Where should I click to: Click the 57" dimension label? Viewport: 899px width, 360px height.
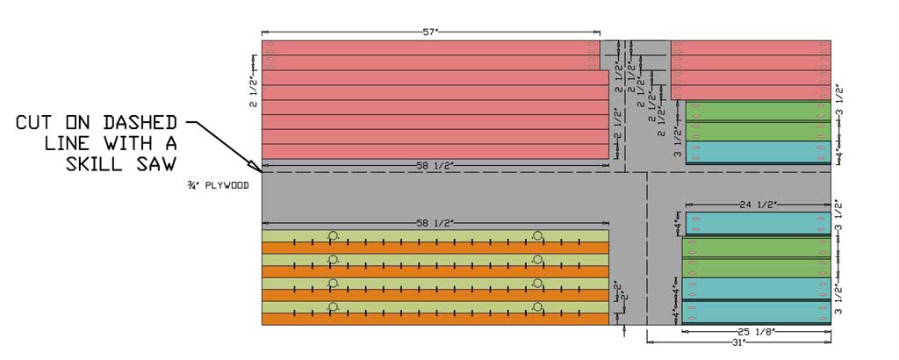(x=430, y=32)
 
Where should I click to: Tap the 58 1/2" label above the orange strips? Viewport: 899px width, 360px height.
(x=435, y=223)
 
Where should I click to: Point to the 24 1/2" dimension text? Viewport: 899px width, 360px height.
(x=757, y=205)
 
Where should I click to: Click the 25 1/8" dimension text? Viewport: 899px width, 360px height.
(x=758, y=331)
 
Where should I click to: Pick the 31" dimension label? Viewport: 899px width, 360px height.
(x=739, y=342)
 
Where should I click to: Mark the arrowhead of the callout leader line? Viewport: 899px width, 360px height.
(x=254, y=164)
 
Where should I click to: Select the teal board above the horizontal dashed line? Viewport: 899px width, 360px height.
(x=758, y=152)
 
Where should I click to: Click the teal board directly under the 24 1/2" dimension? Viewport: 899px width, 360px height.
(x=758, y=224)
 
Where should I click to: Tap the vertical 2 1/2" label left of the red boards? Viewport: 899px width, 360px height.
(x=253, y=90)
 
